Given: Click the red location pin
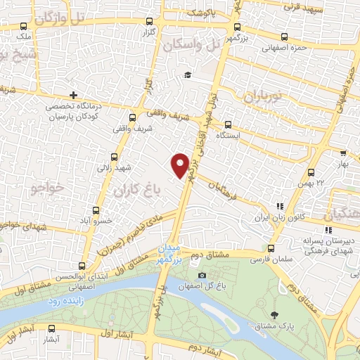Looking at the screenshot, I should [180, 165].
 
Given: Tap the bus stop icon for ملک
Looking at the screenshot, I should [24, 26].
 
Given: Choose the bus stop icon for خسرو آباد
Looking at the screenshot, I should [96, 210].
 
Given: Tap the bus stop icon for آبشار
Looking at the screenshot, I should [51, 328].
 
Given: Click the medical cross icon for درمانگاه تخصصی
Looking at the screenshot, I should [73, 96].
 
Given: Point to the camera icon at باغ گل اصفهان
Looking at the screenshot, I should [202, 275].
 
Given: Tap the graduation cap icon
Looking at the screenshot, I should [187, 75].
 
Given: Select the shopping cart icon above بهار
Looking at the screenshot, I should [343, 153].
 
